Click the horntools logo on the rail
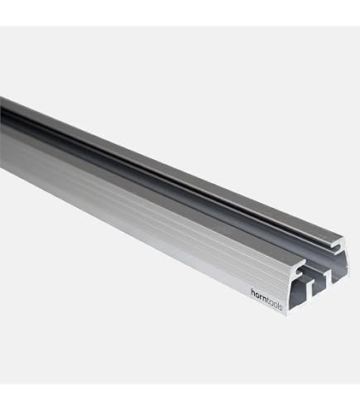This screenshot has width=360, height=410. click(x=266, y=300)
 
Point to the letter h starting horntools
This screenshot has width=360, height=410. click(x=252, y=292)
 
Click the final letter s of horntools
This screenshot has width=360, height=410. click(x=281, y=307)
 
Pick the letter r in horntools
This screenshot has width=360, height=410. click(x=261, y=297)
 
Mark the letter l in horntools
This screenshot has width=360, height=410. click(x=278, y=305)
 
